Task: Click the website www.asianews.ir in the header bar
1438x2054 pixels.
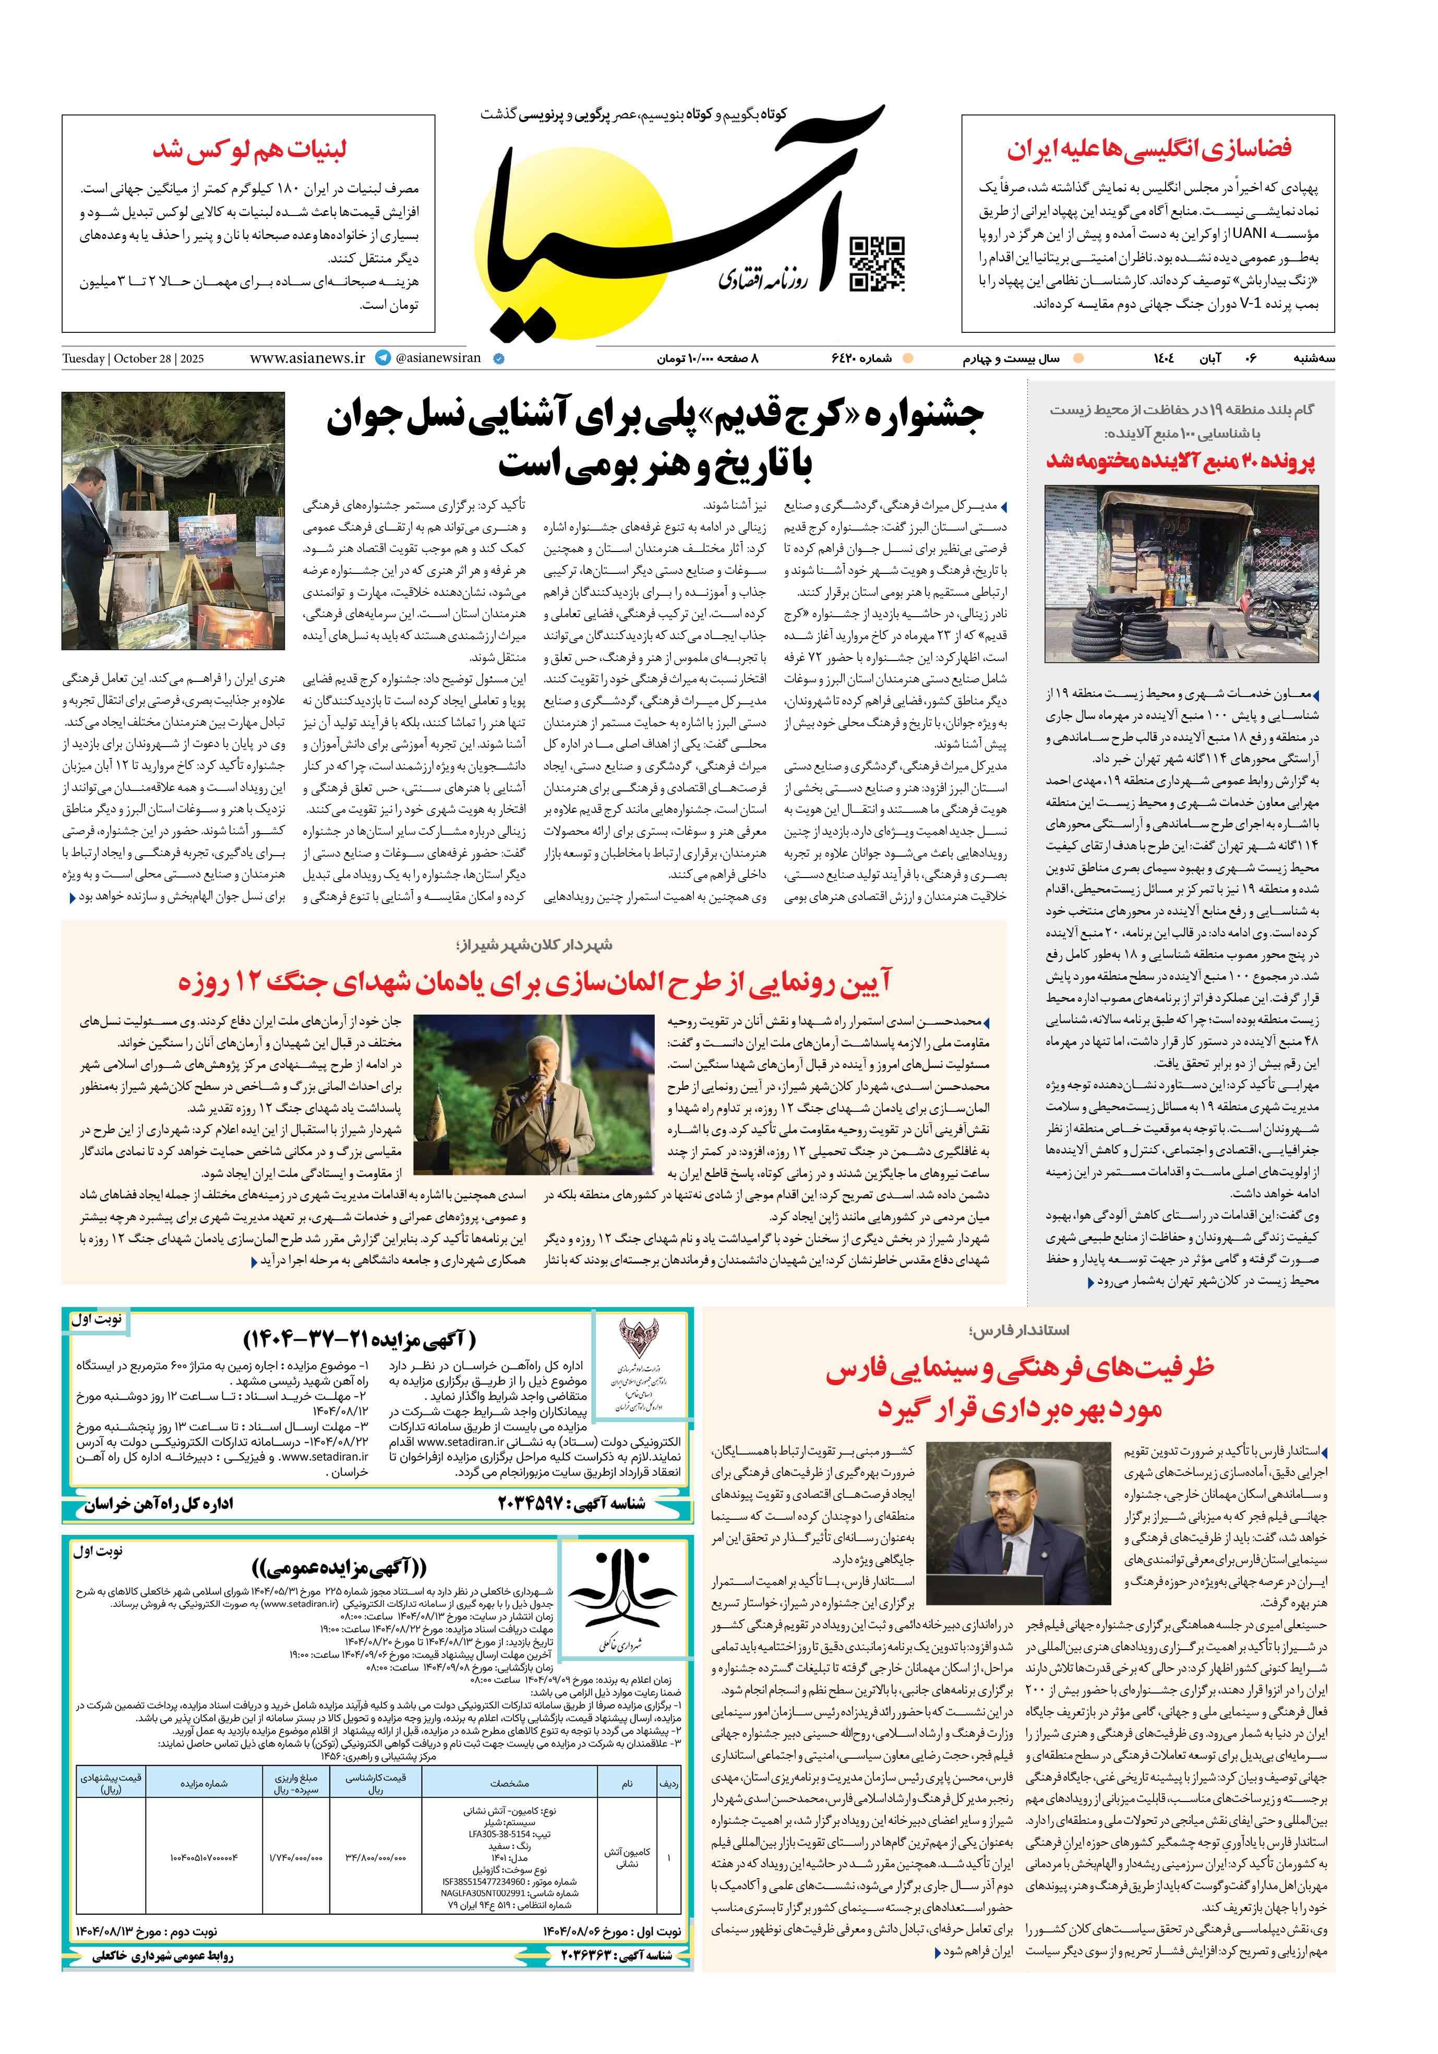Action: tap(307, 358)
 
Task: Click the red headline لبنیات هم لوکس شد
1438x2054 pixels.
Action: tap(249, 149)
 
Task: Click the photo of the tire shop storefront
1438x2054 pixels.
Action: tap(1181, 573)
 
